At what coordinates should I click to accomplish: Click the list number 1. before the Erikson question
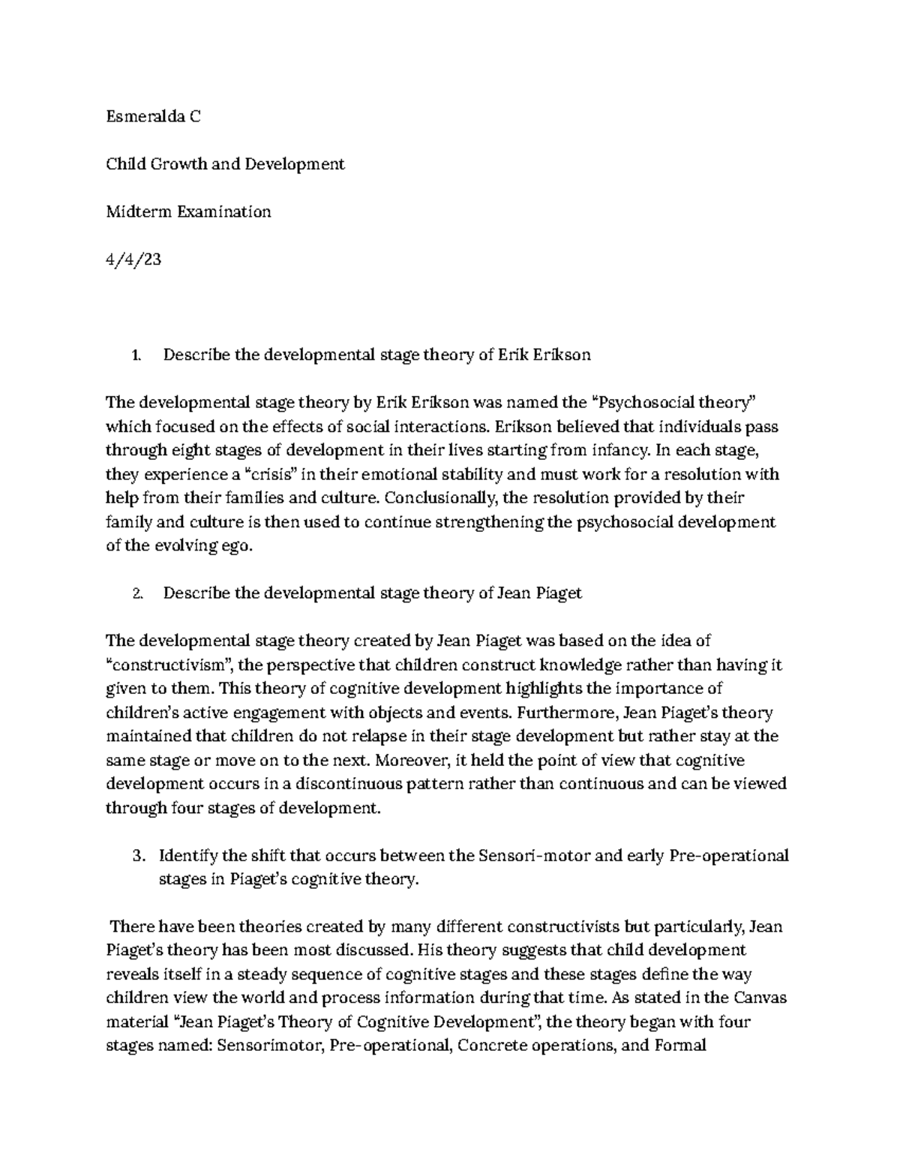(136, 356)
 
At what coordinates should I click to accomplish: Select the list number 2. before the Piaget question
(136, 593)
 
